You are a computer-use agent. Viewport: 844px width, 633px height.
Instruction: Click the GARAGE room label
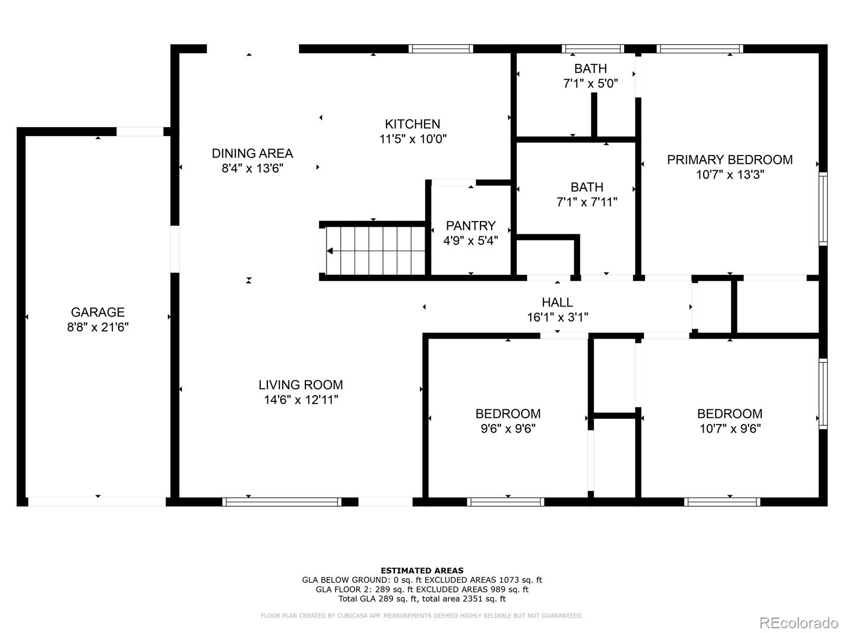(x=98, y=312)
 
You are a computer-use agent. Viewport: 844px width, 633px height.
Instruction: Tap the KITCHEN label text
(x=413, y=124)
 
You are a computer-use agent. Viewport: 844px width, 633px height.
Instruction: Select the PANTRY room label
(x=471, y=226)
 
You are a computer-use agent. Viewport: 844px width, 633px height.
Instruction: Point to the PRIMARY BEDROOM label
(x=730, y=160)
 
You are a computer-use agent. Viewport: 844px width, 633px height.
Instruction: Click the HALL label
(x=557, y=302)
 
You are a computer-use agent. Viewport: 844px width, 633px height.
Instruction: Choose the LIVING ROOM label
(x=301, y=385)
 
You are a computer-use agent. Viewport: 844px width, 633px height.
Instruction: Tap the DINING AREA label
(x=252, y=154)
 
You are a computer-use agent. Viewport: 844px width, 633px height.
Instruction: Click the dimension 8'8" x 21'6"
(x=98, y=327)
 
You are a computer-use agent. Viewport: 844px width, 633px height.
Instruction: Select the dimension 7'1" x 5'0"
(x=591, y=83)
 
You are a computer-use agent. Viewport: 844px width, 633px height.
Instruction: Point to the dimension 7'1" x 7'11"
(x=587, y=202)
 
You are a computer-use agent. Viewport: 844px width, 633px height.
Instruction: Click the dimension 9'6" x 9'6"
(x=508, y=428)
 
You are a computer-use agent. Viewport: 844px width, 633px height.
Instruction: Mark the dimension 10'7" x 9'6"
(x=730, y=428)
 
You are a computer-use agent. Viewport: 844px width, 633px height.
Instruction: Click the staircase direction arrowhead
(x=330, y=251)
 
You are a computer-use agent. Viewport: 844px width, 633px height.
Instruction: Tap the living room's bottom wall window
(x=282, y=502)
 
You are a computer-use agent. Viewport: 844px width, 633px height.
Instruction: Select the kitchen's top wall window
(x=440, y=49)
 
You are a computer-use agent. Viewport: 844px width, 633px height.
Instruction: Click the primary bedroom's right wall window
(x=823, y=209)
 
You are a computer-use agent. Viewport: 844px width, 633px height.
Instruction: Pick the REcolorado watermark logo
(x=799, y=622)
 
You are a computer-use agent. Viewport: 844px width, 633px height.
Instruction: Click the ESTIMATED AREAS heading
(x=422, y=571)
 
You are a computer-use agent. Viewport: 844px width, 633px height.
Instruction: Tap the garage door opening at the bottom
(x=97, y=502)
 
